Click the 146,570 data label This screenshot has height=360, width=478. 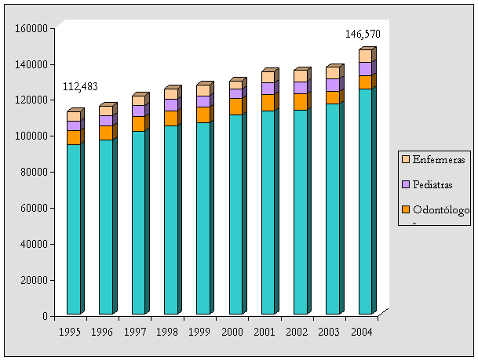(x=363, y=35)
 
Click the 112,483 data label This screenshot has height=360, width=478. (x=79, y=86)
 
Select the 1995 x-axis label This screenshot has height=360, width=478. (x=70, y=332)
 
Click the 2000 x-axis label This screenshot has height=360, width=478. (x=232, y=332)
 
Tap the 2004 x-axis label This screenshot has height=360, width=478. (x=361, y=332)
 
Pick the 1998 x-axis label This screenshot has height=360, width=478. (x=167, y=332)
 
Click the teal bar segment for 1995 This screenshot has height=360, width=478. (x=73, y=227)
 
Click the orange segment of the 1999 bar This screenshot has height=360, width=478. (x=203, y=115)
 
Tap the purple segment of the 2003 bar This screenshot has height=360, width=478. (x=333, y=85)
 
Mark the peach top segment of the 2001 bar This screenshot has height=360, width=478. (x=268, y=77)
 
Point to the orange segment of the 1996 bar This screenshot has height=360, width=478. (x=105, y=133)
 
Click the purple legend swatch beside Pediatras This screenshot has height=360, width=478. (x=406, y=184)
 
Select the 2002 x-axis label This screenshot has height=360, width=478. (x=297, y=332)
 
